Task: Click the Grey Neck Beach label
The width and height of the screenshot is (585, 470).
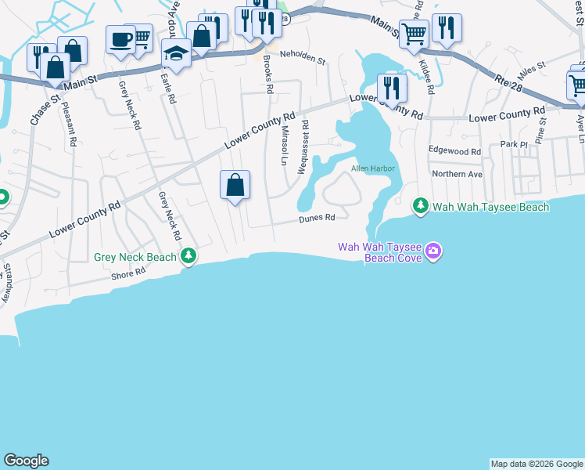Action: click(135, 257)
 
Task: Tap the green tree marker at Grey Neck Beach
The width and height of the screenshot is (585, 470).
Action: click(188, 256)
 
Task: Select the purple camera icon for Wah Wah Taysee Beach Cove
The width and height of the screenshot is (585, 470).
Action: click(433, 252)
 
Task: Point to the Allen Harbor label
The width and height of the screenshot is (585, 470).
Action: click(372, 168)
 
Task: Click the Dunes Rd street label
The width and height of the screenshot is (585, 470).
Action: click(317, 219)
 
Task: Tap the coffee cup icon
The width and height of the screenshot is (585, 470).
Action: click(121, 39)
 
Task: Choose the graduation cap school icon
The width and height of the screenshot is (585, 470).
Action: click(177, 54)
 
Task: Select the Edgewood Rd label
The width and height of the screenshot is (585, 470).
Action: click(454, 150)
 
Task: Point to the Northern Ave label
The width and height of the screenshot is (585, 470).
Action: click(458, 174)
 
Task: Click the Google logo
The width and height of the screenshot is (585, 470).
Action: click(26, 461)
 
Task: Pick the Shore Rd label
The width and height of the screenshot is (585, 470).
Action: click(129, 273)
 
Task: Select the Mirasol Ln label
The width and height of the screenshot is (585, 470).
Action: click(285, 145)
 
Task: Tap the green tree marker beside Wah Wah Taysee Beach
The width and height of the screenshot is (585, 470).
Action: click(421, 205)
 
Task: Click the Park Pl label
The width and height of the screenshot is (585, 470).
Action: click(515, 145)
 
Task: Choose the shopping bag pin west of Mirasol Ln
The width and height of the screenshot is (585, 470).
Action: click(235, 186)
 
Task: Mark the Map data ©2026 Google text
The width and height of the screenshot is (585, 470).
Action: click(537, 464)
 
